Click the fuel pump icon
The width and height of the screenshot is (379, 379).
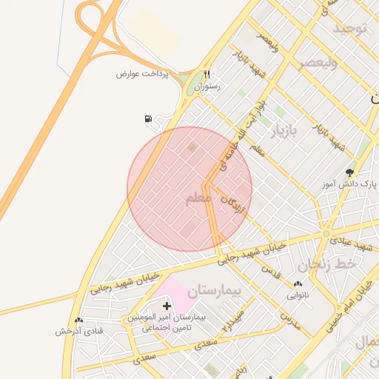(149, 118)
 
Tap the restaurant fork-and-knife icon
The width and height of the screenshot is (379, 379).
(207, 74)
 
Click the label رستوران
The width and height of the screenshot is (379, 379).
(207, 87)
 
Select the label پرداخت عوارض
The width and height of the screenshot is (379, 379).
(143, 74)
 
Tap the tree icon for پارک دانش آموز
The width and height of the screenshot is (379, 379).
(349, 172)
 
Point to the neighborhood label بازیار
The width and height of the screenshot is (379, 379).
(282, 132)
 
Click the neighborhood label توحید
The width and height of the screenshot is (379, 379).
(349, 29)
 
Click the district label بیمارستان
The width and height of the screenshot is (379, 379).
(215, 291)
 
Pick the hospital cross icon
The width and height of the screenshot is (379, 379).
(167, 305)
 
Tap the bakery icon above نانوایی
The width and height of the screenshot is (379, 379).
(298, 284)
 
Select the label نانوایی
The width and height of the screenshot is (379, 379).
(299, 295)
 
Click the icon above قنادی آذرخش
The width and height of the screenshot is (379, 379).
(79, 321)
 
